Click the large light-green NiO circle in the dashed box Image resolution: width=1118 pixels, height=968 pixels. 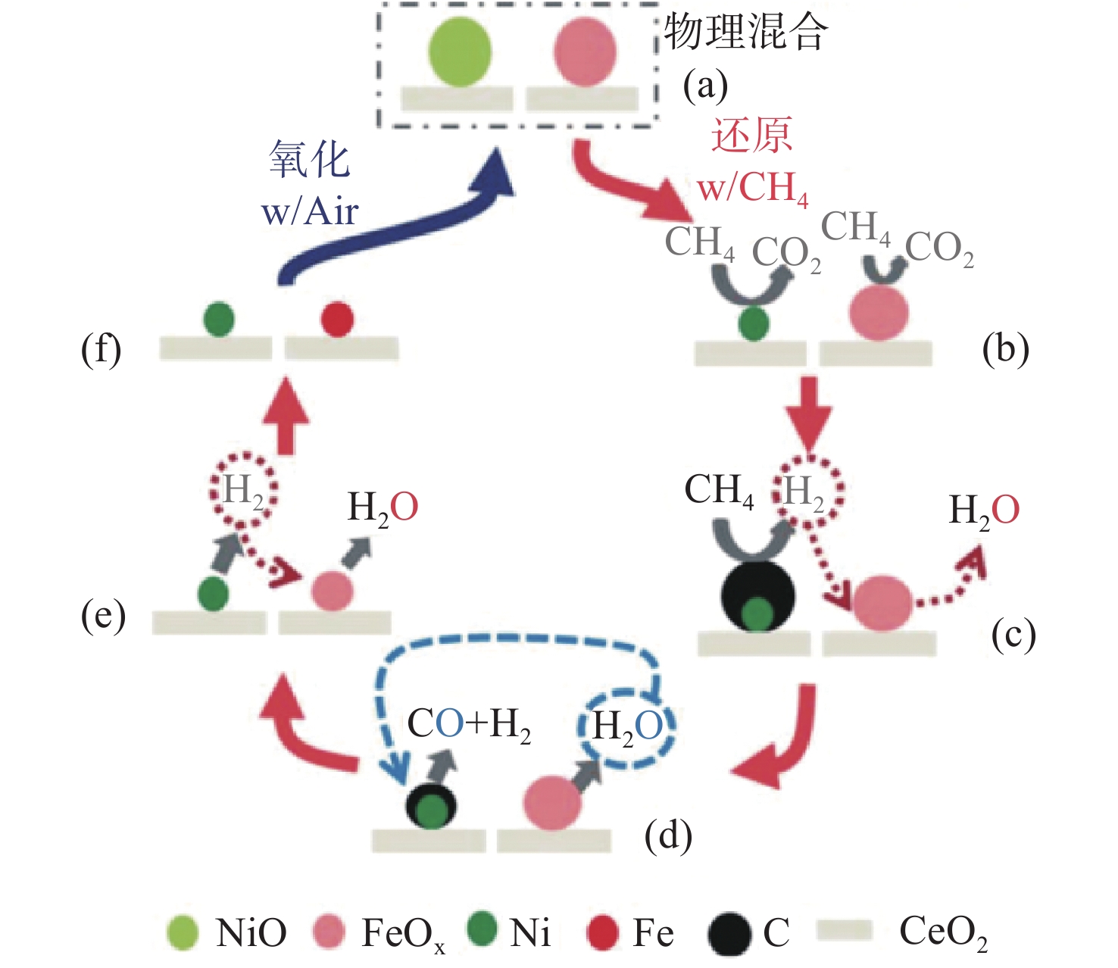coord(460,52)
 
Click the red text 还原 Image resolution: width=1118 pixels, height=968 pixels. coord(751,135)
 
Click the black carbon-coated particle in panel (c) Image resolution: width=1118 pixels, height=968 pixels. coord(757,597)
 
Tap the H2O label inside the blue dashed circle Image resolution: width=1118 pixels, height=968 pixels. coord(627,726)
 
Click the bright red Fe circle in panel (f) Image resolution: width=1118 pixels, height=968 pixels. coord(337,319)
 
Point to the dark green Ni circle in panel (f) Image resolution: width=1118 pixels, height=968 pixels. coord(218,319)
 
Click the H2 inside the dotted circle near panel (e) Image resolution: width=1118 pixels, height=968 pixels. coord(243,490)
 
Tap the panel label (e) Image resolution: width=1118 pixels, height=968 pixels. coord(103,616)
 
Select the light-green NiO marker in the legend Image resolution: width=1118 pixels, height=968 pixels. coord(183,933)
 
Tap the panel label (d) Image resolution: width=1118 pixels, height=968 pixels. coord(668,835)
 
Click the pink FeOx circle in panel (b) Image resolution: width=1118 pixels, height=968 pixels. coord(879,313)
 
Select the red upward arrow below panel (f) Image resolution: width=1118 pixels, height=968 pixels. coord(286,417)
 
